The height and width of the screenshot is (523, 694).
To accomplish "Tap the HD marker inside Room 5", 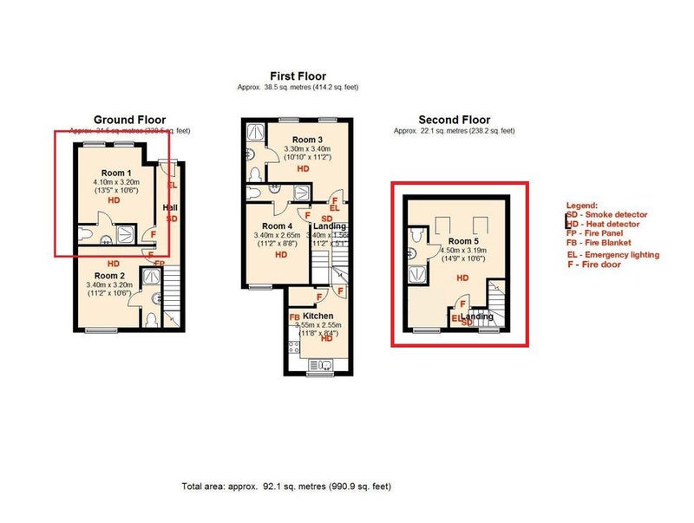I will pos(462,278).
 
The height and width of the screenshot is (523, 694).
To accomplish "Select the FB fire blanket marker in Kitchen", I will pos(295,317).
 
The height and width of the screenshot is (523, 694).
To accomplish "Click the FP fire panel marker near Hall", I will pos(160,263).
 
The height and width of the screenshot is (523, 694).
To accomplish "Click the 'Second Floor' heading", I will pos(454,120).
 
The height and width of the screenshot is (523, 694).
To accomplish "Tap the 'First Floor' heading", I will pos(297,76).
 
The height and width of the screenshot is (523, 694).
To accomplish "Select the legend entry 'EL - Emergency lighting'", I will pos(612,254).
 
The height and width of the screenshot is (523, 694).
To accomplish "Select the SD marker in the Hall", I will pos(172,219).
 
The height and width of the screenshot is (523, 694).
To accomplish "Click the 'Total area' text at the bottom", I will pos(291,486).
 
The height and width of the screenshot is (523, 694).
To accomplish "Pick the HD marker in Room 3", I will pos(303,169).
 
